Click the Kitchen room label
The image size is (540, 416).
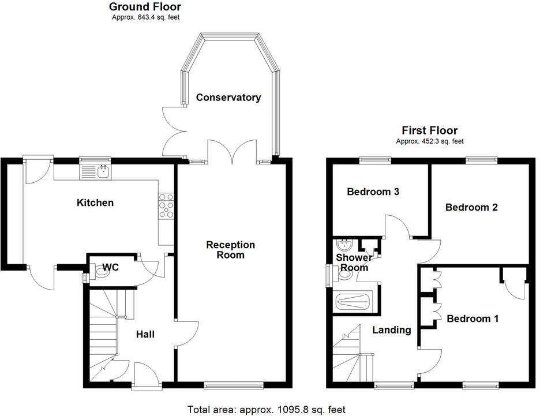click(x=95, y=203)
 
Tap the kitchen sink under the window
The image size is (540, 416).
click(x=97, y=171)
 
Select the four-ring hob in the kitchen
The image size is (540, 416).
click(x=166, y=206)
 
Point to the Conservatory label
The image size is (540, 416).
click(x=228, y=98)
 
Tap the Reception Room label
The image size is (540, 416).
click(x=231, y=250)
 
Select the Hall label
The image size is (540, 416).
click(x=145, y=334)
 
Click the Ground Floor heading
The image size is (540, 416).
click(x=145, y=7)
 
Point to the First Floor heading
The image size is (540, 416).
click(x=429, y=130)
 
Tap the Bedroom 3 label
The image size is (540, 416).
click(x=373, y=192)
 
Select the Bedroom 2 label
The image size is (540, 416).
click(x=471, y=207)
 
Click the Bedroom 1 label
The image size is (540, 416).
click(x=472, y=318)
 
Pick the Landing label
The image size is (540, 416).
click(x=391, y=330)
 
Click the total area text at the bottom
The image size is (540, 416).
click(x=266, y=410)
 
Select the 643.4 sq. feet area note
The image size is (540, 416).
click(x=145, y=17)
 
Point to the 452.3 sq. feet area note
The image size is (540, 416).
click(x=429, y=141)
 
